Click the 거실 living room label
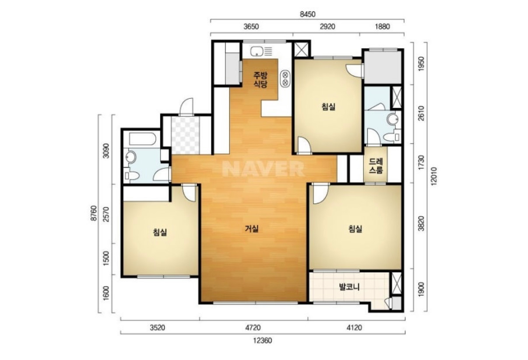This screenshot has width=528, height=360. (x=252, y=229)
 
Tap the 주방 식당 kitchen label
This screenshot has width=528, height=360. (x=260, y=80)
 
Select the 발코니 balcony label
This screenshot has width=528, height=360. (x=349, y=287)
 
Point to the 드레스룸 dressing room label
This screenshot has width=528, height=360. (x=376, y=165)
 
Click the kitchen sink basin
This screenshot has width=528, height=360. (x=257, y=51)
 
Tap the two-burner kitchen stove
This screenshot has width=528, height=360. (x=285, y=79)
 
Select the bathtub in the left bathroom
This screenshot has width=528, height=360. (x=143, y=139)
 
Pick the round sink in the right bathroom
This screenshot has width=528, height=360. (x=393, y=119)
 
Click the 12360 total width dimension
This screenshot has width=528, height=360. (x=263, y=341)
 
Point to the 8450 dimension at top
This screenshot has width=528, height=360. (x=308, y=14)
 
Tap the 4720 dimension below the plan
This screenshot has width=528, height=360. (x=253, y=328)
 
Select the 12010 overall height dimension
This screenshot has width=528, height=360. (x=434, y=177)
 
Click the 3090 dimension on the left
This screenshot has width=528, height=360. (x=106, y=150)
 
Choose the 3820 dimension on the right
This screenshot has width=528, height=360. (x=421, y=224)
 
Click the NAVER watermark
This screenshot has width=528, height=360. (x=263, y=168)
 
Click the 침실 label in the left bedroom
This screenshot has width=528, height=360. (x=160, y=232)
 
